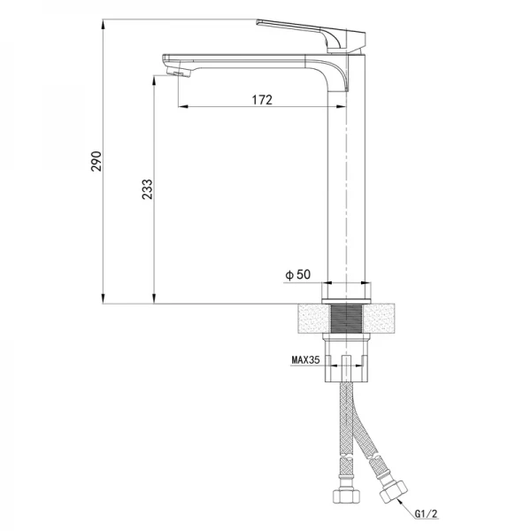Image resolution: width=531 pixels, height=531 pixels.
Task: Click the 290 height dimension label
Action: (96, 161)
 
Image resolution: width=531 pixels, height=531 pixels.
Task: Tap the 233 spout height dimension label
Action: (147, 189)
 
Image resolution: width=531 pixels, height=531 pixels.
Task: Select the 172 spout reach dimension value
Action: (262, 100)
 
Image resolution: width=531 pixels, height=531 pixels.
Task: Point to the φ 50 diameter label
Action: (297, 274)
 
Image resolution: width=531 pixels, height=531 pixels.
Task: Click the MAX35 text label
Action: (305, 359)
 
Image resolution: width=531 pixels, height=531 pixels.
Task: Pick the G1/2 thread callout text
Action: (426, 513)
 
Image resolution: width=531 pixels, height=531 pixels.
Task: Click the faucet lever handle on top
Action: (311, 35)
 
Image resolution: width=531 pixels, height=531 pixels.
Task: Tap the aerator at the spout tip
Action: (179, 73)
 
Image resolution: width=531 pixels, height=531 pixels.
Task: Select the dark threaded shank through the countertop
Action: (346, 319)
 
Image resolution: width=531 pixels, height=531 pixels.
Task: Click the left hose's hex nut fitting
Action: (346, 496)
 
